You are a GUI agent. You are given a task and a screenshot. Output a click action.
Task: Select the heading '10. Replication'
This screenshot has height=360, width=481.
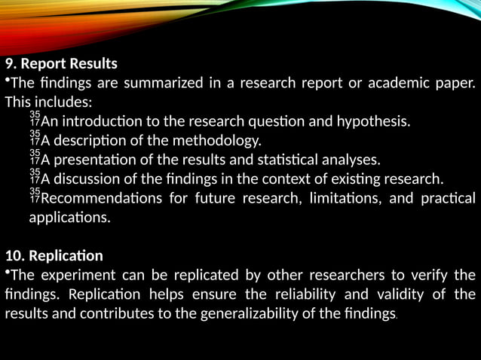pyautogui.click(x=54, y=255)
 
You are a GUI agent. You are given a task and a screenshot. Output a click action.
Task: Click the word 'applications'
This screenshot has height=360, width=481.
pyautogui.click(x=68, y=218)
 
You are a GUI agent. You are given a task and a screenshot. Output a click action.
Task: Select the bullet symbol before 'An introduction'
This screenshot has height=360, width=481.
pyautogui.click(x=35, y=119)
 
